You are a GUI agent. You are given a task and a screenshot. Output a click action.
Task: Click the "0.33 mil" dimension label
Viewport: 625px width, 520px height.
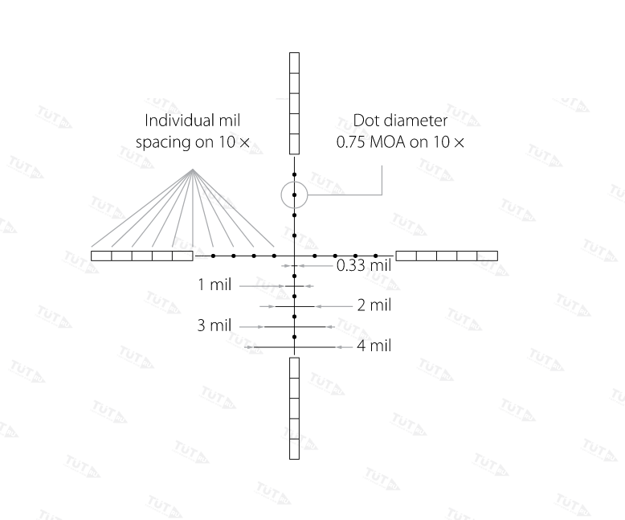tap(364, 265)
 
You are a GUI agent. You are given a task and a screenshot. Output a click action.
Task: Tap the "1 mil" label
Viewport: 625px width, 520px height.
tap(214, 285)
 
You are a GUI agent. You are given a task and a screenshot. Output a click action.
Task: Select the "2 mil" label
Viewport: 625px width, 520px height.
tap(374, 305)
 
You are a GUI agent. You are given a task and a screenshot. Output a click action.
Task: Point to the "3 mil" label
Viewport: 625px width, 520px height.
tap(214, 326)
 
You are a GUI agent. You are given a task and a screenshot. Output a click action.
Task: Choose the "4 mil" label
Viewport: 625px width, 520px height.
tap(374, 346)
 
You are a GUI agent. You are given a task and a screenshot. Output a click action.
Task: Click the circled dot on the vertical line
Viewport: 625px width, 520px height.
tap(294, 195)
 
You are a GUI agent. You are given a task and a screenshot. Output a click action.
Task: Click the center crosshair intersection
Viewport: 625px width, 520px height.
tap(294, 256)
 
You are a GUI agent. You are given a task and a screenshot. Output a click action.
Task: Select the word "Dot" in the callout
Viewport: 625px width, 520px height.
tap(365, 121)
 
